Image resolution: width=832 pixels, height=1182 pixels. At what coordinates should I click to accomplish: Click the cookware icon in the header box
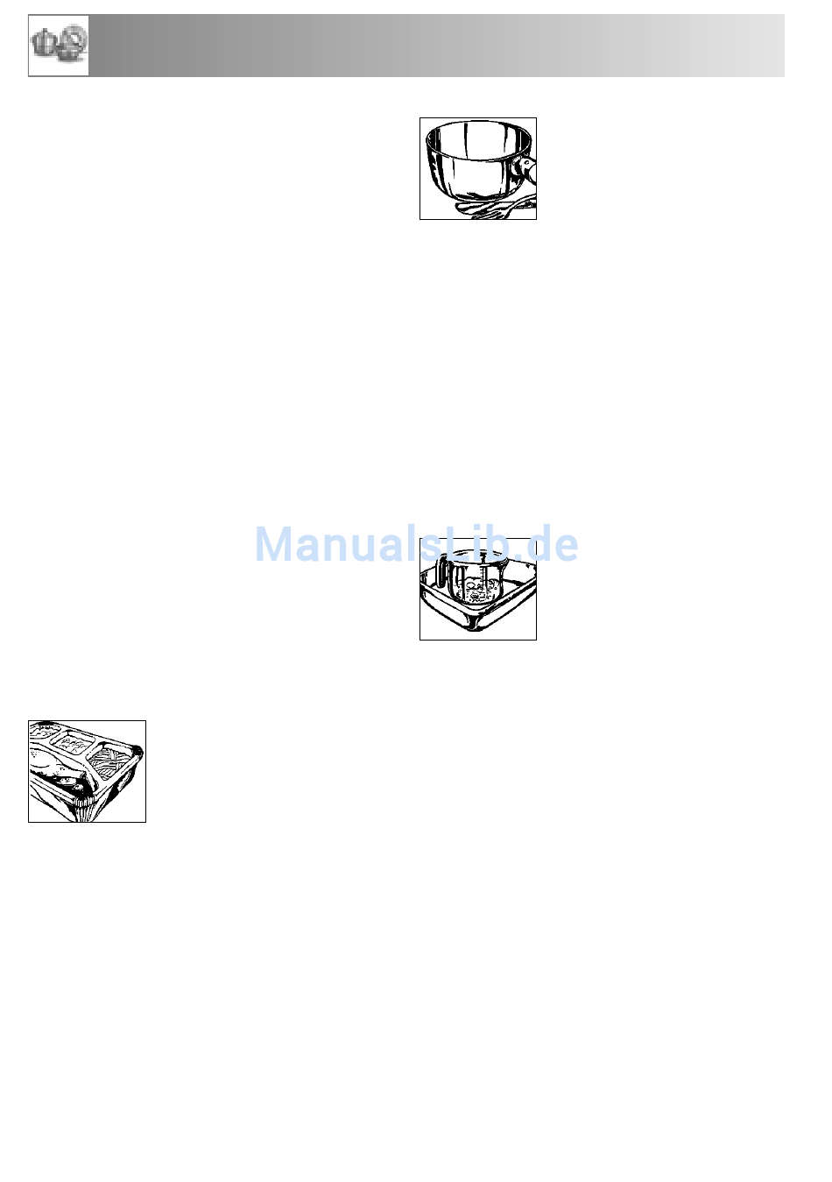click(x=59, y=45)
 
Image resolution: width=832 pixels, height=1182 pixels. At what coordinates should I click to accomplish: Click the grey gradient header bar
click(x=436, y=46)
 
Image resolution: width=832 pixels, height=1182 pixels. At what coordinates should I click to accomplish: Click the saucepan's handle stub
click(x=525, y=169)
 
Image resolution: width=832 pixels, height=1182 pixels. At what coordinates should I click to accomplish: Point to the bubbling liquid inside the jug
click(x=477, y=590)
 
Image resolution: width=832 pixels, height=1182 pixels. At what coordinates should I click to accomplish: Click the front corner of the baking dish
click(x=476, y=626)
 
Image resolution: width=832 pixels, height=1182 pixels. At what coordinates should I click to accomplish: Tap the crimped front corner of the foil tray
click(x=81, y=808)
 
